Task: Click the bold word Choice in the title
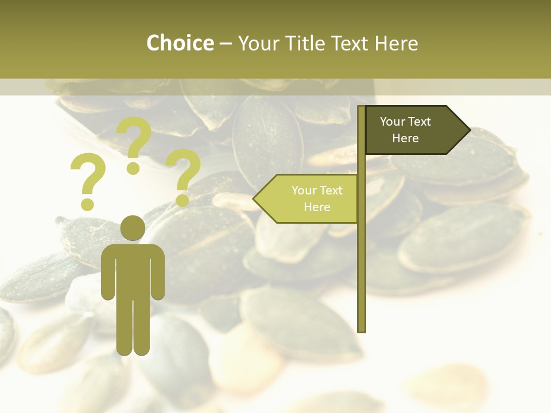tap(180, 43)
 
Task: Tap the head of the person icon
tap(133, 228)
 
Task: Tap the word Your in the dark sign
tap(393, 122)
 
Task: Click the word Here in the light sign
tap(317, 207)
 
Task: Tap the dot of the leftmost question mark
tap(87, 204)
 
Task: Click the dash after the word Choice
tap(226, 44)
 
